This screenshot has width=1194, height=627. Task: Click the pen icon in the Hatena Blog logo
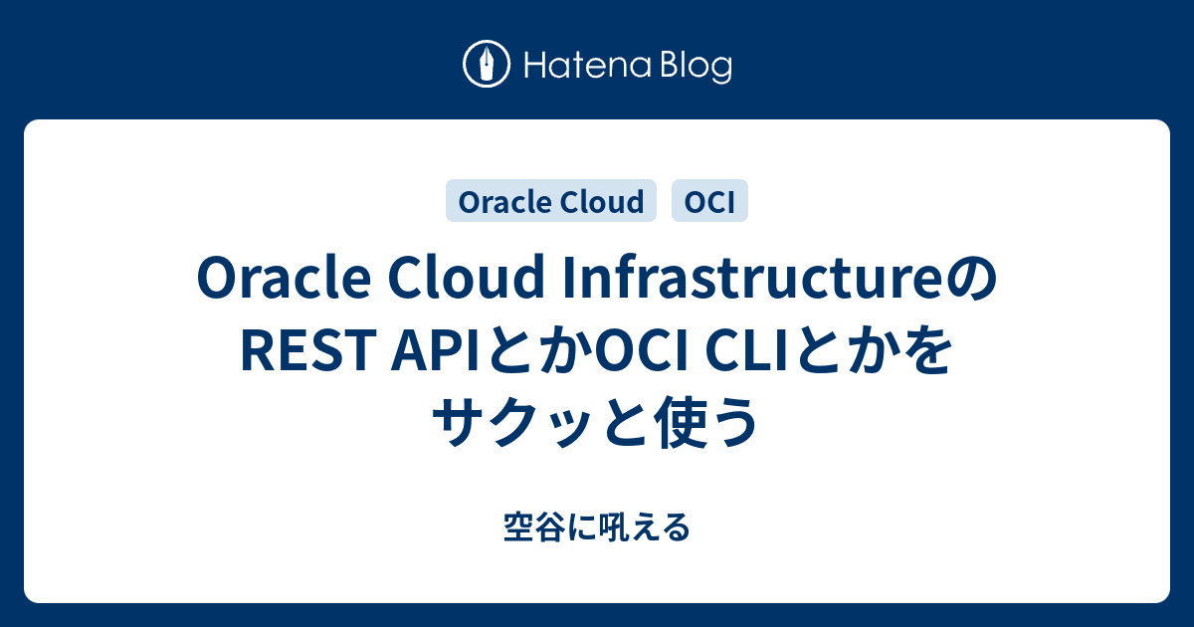(x=488, y=65)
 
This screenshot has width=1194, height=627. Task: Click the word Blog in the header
(x=694, y=67)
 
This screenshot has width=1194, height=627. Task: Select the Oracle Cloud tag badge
(x=551, y=202)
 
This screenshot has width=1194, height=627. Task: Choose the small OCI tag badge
(x=710, y=202)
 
